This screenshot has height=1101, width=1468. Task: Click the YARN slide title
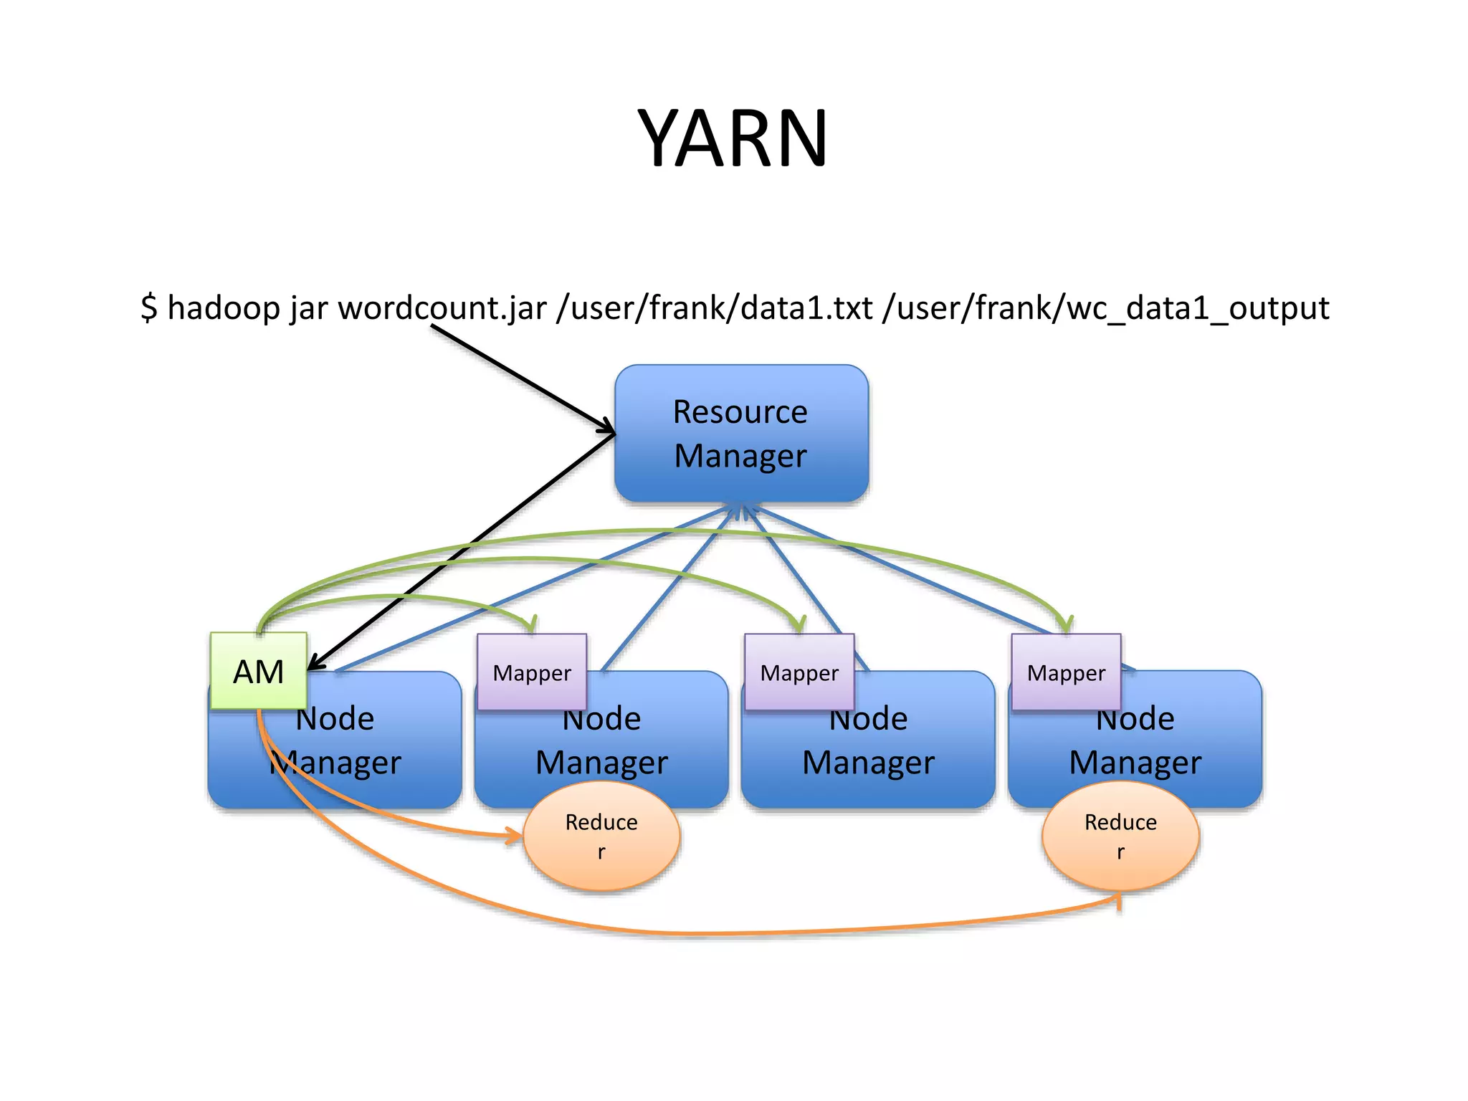click(x=733, y=138)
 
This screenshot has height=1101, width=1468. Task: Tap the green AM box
click(x=258, y=672)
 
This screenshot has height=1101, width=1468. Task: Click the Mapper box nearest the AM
click(x=532, y=673)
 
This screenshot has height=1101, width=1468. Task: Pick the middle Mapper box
click(x=799, y=673)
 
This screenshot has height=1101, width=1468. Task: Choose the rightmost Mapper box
click(x=1066, y=673)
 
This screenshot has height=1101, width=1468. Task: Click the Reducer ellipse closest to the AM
click(x=601, y=836)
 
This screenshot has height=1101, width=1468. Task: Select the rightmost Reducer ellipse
click(x=1120, y=836)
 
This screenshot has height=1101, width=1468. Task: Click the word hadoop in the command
click(x=223, y=308)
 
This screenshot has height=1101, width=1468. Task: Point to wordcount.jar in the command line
click(x=442, y=308)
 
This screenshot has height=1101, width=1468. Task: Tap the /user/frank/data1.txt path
click(x=714, y=308)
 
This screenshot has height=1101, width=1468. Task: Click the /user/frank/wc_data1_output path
click(x=1106, y=308)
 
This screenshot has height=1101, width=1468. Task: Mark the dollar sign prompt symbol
click(x=148, y=308)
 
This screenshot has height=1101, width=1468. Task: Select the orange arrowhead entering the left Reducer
click(x=515, y=835)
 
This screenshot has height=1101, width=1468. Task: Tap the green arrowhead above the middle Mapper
click(x=799, y=625)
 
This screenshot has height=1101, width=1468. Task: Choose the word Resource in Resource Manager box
click(x=740, y=412)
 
